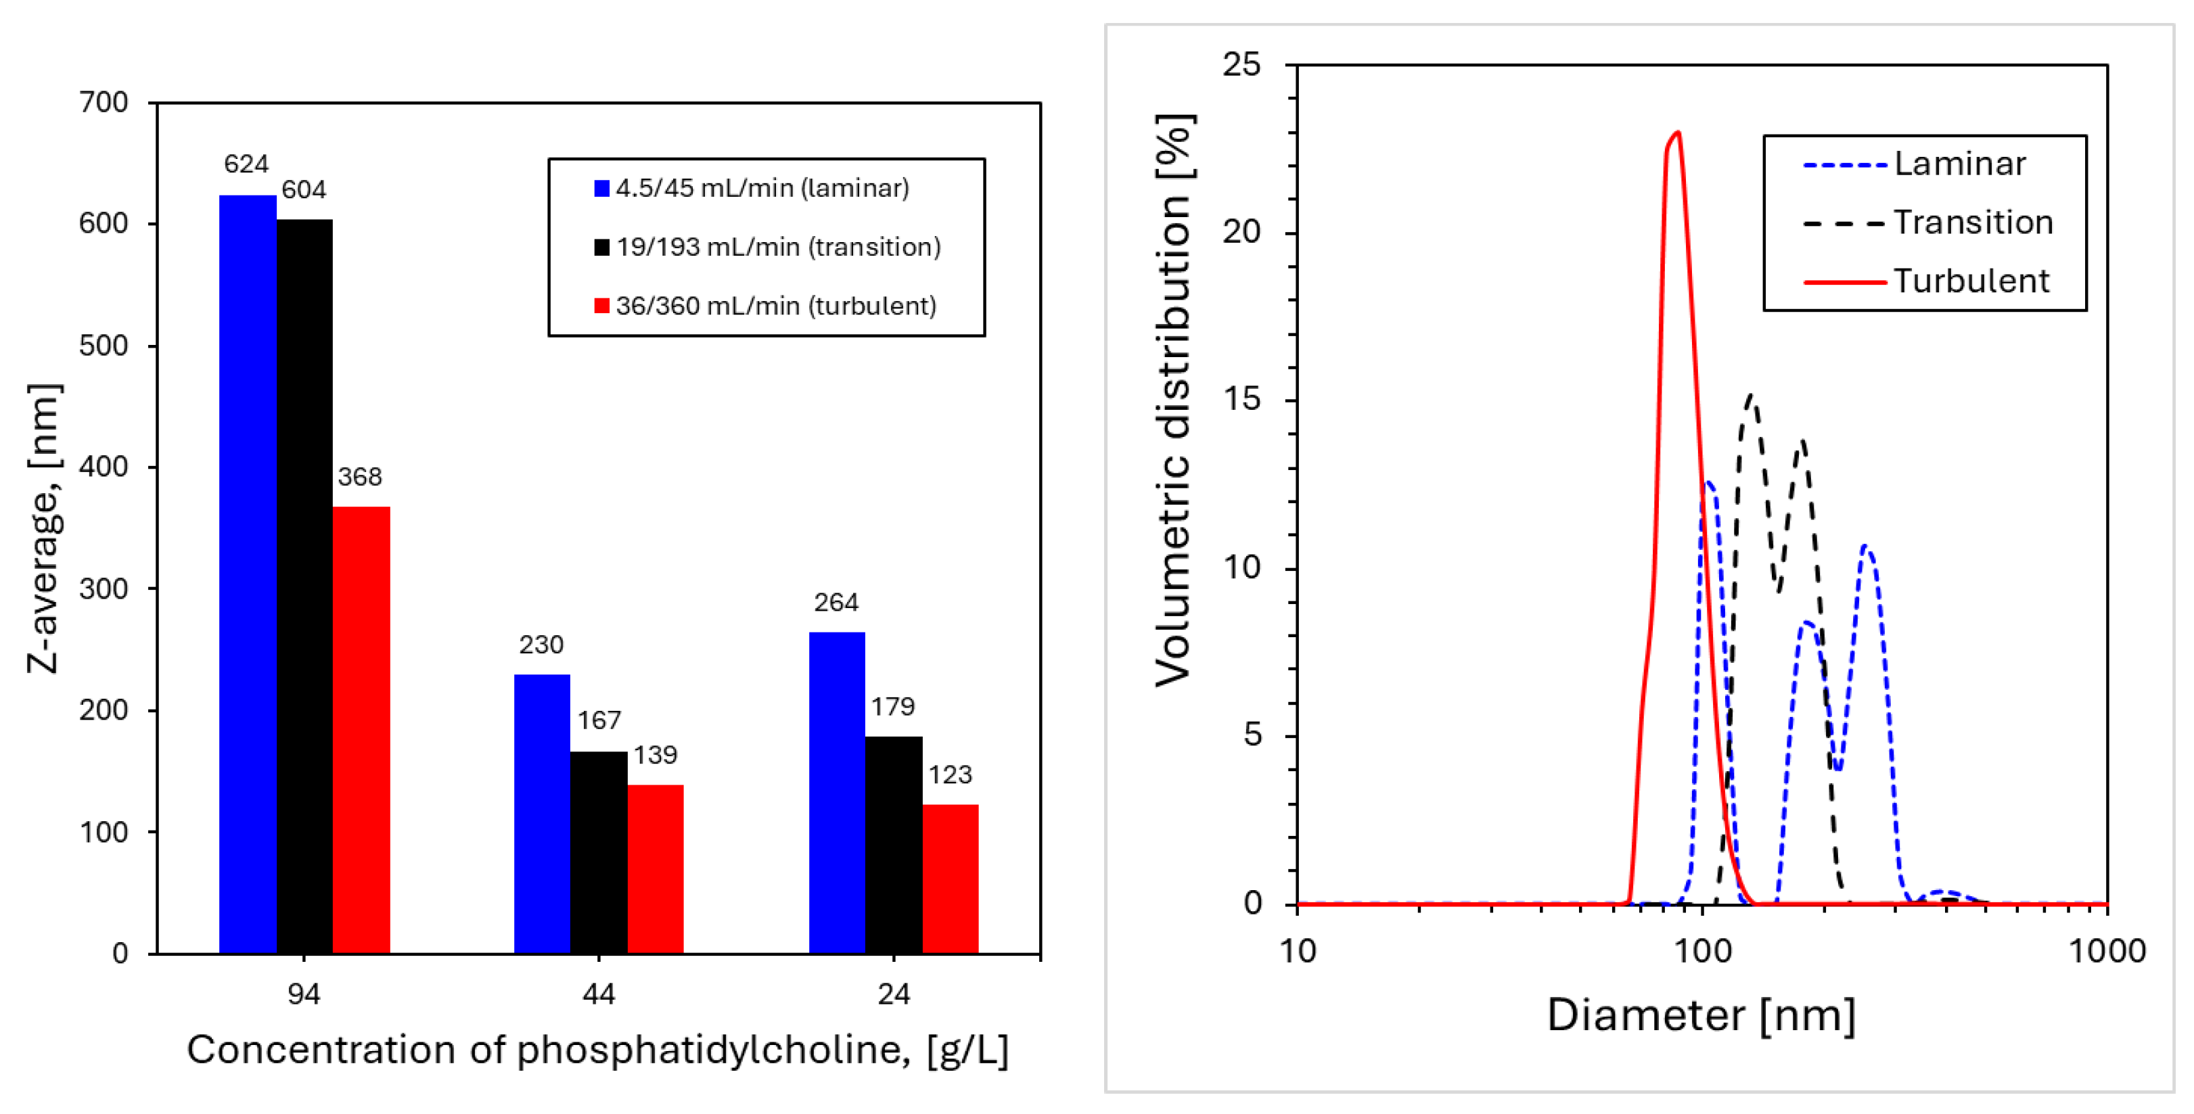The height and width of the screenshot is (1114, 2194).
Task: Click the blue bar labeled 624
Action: point(247,574)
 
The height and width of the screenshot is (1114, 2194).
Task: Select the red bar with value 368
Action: point(361,730)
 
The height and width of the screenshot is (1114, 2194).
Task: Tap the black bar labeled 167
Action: point(599,852)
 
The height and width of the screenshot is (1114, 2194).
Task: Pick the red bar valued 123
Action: point(951,878)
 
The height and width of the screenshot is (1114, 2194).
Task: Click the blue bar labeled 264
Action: point(836,792)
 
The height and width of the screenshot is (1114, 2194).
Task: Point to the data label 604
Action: point(304,189)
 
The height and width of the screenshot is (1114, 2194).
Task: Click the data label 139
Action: point(655,755)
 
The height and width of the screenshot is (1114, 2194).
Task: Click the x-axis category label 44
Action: point(599,994)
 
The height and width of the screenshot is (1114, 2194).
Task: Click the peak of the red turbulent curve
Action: point(1677,133)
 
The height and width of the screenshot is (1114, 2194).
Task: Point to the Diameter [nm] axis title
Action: point(1701,1015)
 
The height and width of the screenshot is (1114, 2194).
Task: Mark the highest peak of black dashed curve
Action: point(1750,396)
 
